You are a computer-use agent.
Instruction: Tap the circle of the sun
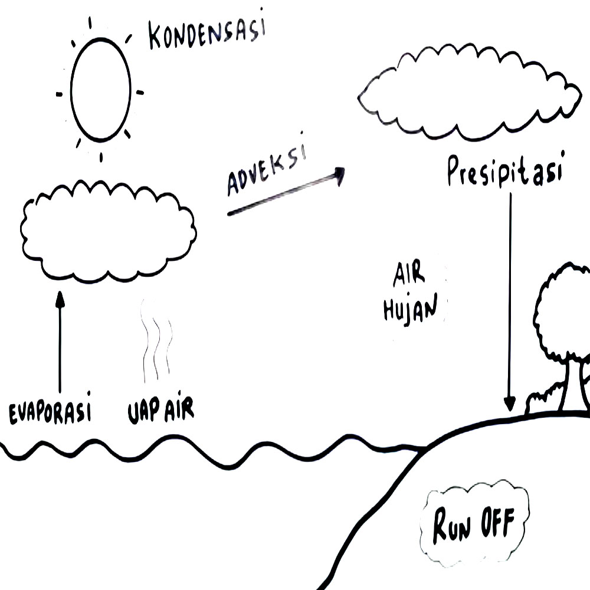(x=100, y=90)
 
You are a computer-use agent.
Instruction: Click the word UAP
(x=143, y=411)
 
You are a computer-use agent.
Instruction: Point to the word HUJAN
(x=411, y=308)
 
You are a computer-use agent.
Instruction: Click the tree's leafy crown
(x=563, y=313)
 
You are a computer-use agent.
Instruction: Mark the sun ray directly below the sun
(x=101, y=156)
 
